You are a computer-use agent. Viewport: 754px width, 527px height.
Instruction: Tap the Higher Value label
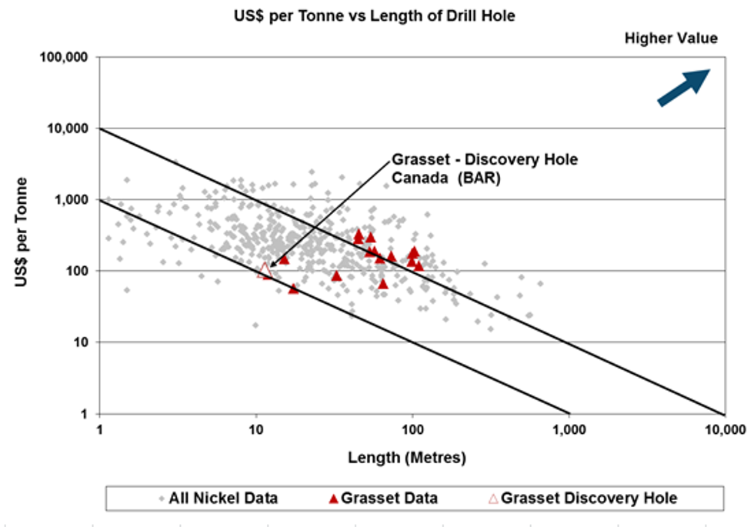671,38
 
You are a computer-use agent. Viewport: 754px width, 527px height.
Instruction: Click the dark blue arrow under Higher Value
682,86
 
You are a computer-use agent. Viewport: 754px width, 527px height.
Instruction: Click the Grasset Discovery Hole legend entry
582,499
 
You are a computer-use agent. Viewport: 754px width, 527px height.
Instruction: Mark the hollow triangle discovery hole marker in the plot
265,269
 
